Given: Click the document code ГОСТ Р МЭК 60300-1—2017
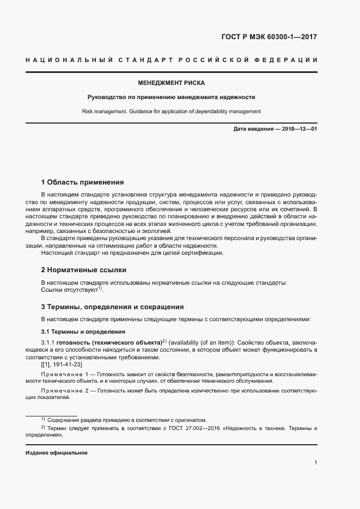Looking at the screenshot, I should [269, 38].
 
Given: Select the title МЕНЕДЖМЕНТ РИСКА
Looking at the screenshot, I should [172, 83].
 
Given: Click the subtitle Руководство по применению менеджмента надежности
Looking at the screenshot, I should [172, 97].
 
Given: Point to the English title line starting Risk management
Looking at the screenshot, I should [172, 112].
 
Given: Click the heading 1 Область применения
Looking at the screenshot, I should [83, 182].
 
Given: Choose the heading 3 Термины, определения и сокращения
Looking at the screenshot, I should [112, 307].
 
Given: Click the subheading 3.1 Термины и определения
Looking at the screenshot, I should [83, 332].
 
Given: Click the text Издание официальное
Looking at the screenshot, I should [56, 453].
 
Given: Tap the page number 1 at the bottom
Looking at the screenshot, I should [315, 463].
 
